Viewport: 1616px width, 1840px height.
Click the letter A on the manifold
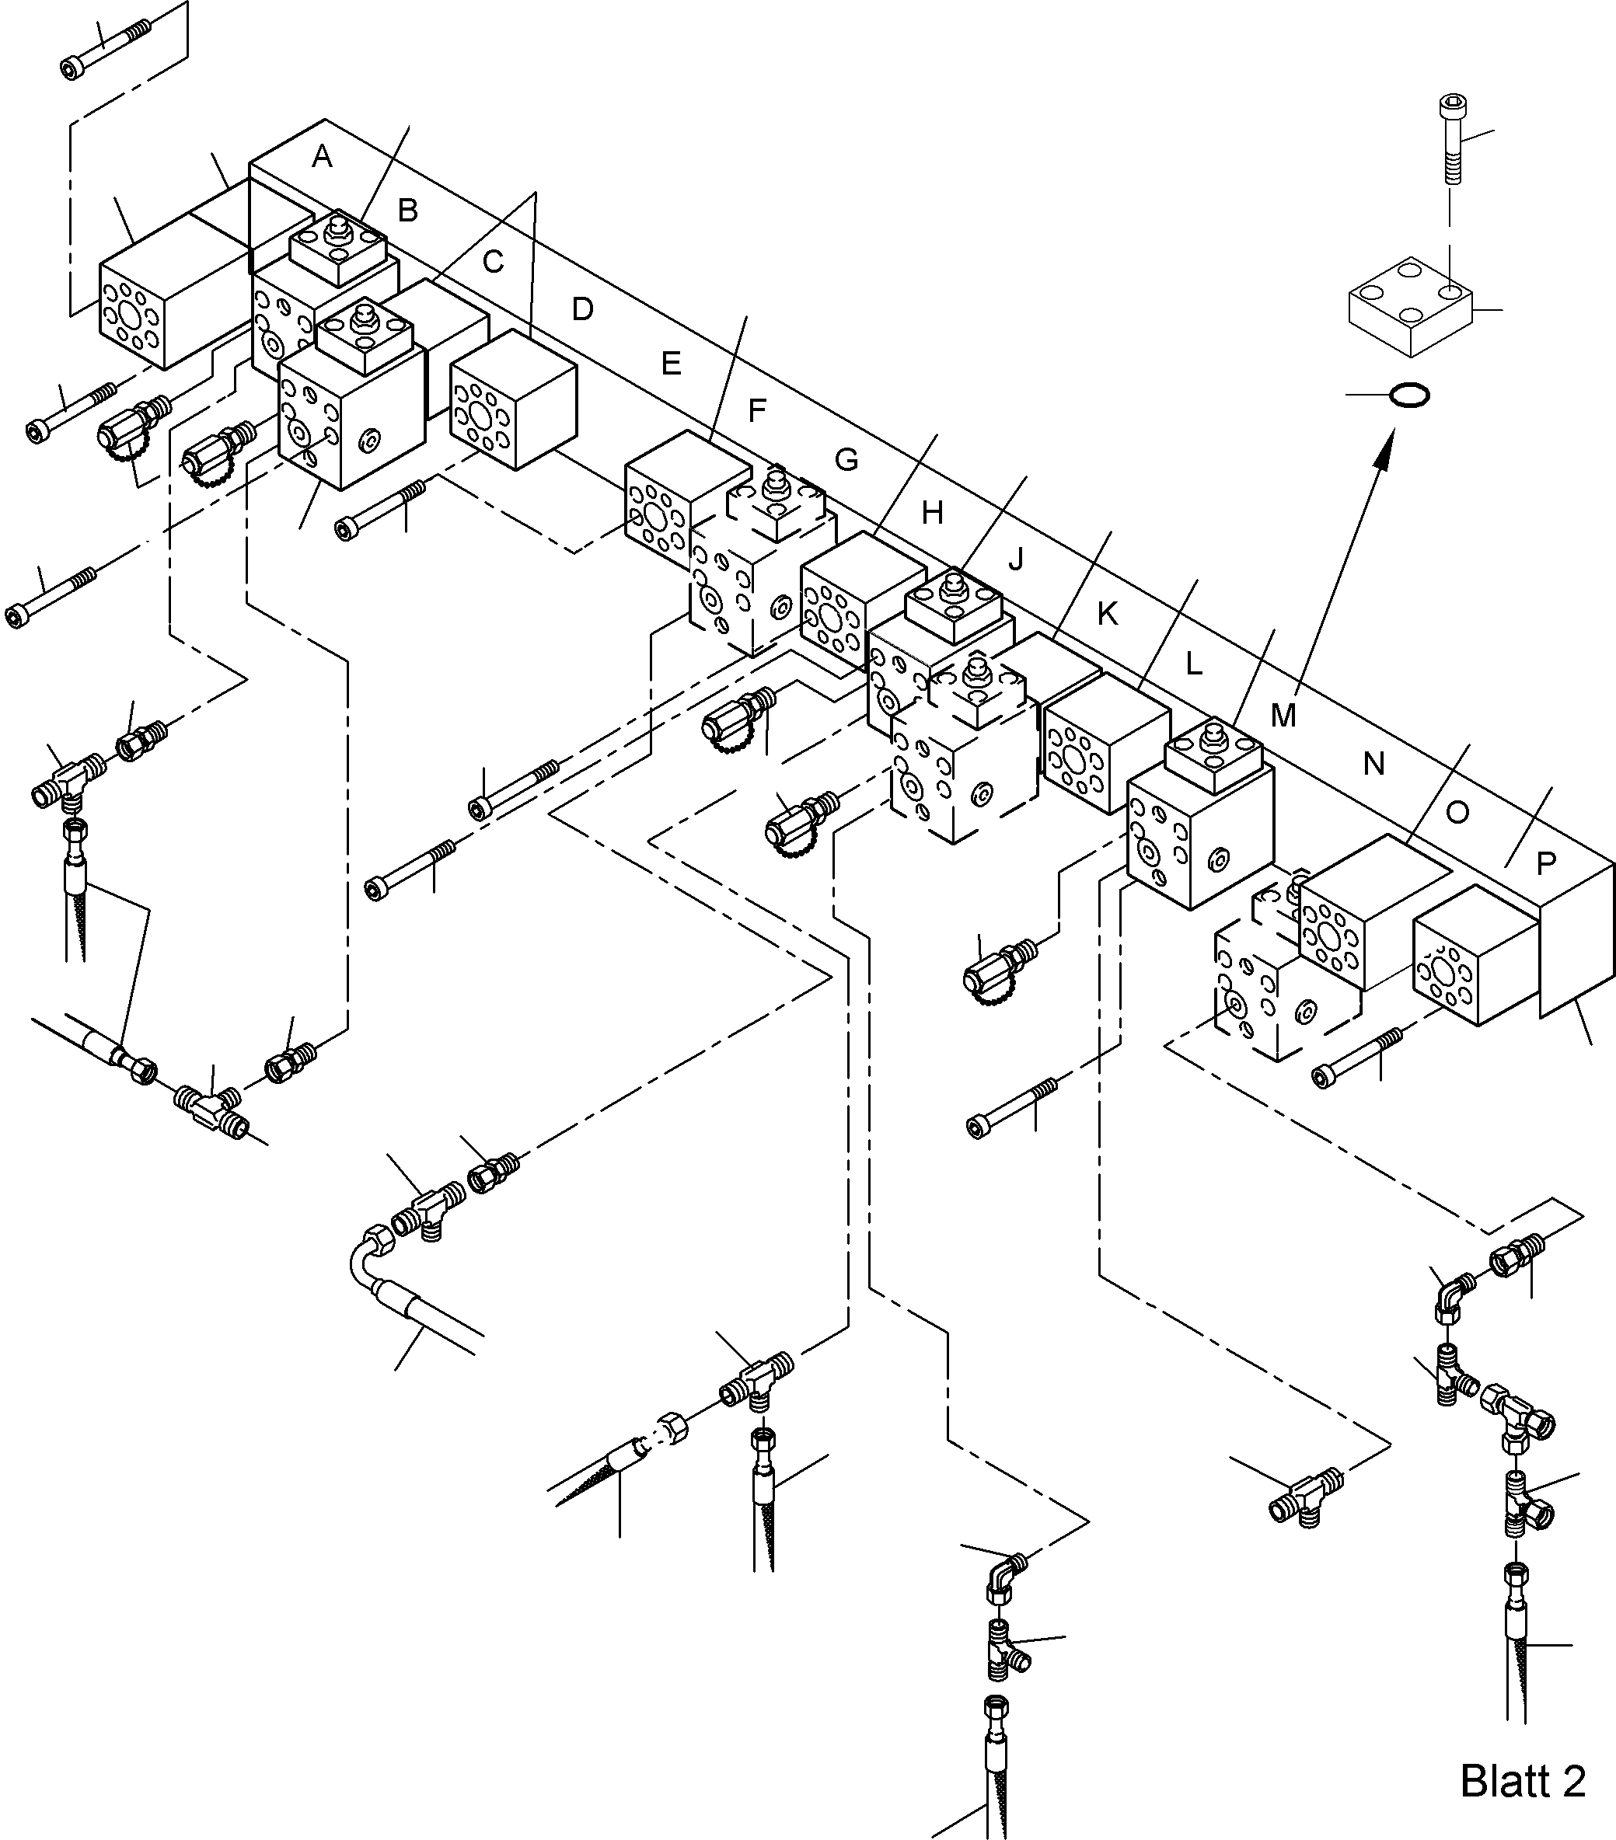[x=321, y=158]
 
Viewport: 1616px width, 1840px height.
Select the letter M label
[x=1282, y=716]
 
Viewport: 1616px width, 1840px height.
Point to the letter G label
[x=846, y=460]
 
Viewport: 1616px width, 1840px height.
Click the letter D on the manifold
[x=582, y=310]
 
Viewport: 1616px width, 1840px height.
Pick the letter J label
[x=1015, y=560]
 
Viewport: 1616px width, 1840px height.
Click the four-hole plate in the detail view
[x=1410, y=306]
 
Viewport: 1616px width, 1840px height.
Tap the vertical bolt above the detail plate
[x=1450, y=140]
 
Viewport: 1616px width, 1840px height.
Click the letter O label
[x=1457, y=813]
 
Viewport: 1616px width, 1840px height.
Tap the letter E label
[x=670, y=364]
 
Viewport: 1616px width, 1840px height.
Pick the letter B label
[x=407, y=211]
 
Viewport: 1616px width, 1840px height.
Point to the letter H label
[x=932, y=513]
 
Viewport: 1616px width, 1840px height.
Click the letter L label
[x=1193, y=664]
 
